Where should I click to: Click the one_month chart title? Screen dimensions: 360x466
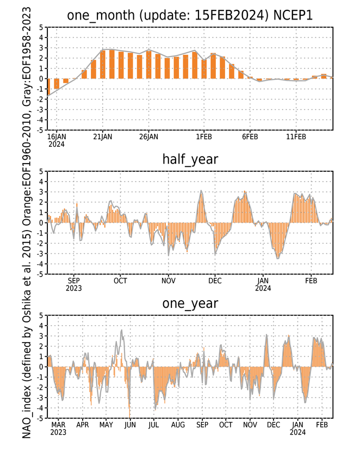[190, 15]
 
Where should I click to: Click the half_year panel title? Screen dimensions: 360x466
[190, 160]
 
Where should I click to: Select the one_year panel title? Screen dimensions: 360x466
[190, 304]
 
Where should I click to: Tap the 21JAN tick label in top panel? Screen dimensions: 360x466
[103, 137]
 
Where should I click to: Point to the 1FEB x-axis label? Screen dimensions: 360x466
[203, 137]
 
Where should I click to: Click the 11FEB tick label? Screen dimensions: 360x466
[296, 137]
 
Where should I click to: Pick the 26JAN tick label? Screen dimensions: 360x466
[148, 137]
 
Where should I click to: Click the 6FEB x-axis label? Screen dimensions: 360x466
[250, 137]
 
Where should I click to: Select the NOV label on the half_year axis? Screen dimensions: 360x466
[168, 281]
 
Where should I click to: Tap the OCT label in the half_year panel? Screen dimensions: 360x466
[120, 281]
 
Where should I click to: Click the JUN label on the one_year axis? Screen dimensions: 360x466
[130, 425]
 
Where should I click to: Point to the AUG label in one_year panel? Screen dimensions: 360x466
[178, 425]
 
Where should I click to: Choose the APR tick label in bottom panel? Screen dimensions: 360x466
[82, 425]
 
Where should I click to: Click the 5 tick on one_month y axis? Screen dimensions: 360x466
[41, 27]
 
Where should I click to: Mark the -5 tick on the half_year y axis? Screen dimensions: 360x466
[40, 274]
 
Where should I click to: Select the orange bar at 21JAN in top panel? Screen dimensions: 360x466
[103, 64]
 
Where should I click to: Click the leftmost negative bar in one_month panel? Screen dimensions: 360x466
[48, 87]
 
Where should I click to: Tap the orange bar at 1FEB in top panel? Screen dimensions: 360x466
[204, 69]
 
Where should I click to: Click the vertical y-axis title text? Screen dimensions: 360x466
[27, 223]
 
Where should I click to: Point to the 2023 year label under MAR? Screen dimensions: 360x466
[58, 432]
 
